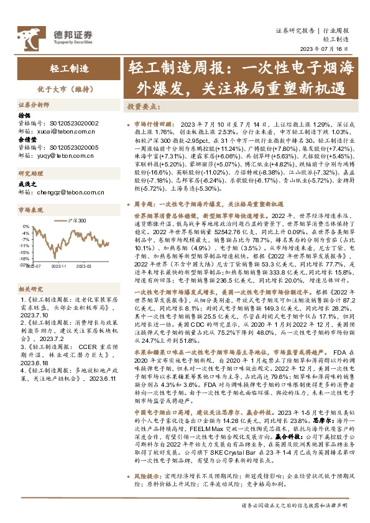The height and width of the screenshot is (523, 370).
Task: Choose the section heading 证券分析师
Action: click(32, 106)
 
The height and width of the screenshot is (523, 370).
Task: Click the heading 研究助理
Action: click(29, 173)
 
